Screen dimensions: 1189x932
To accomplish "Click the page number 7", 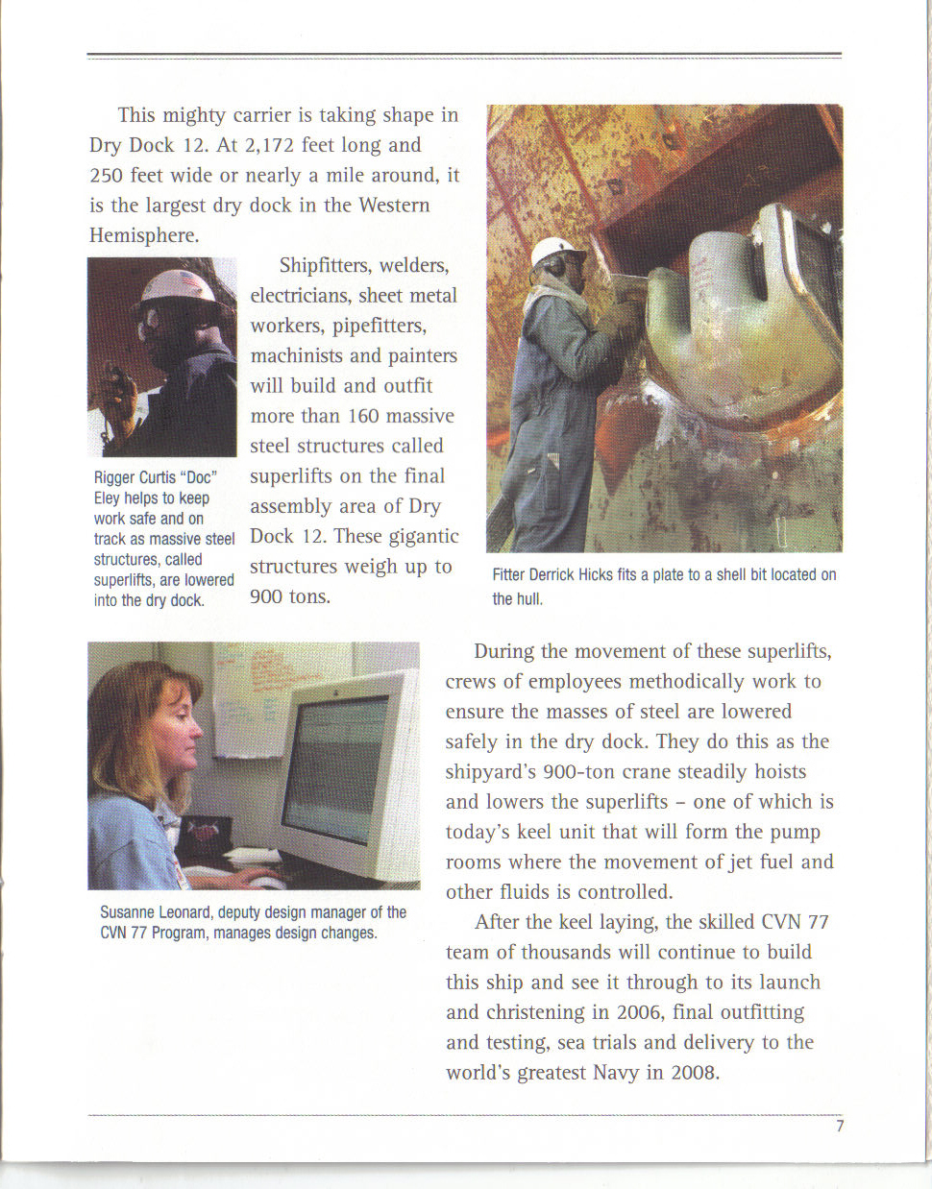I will pyautogui.click(x=840, y=1126).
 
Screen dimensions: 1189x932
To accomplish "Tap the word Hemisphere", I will pyautogui.click(x=143, y=235).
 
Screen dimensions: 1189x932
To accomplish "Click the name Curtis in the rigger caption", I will pyautogui.click(x=158, y=477).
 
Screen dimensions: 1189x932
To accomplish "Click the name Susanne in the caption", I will pyautogui.click(x=128, y=912).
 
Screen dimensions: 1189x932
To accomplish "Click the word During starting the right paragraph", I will pyautogui.click(x=504, y=651).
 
